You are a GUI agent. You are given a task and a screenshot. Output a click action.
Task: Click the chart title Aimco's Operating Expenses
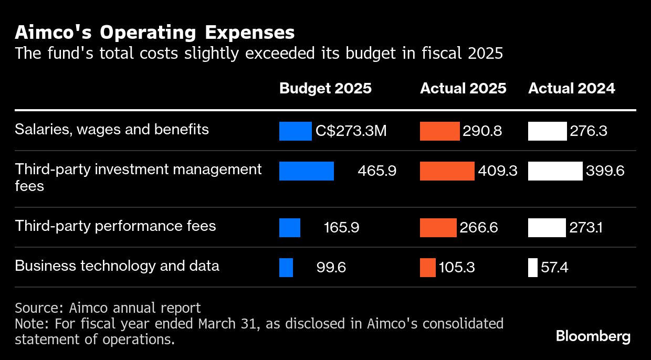coord(154,33)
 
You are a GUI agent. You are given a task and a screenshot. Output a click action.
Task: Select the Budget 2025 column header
coord(325,88)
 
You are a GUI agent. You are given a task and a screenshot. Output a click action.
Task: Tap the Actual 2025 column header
coord(463,88)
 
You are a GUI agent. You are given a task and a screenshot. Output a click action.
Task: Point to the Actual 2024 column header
coord(571,88)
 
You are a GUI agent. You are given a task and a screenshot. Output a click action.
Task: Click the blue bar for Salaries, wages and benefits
coord(295,131)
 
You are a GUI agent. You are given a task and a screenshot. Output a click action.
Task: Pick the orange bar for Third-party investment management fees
coord(447,171)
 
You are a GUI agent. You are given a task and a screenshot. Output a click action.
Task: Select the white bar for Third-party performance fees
coord(547,228)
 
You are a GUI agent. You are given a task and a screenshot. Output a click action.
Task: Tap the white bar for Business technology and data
coord(533,268)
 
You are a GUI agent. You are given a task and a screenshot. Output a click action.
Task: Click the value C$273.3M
coord(351,131)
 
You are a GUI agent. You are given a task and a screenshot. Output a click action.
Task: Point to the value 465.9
coord(376,171)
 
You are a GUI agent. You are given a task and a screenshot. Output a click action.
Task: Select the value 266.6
coord(479,228)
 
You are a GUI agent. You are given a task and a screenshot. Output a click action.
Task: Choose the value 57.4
coord(555,268)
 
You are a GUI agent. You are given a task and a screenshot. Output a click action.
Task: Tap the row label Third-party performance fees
coord(115,226)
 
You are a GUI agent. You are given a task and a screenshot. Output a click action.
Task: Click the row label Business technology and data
coord(117,266)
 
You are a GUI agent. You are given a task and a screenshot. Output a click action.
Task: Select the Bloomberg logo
coord(593,336)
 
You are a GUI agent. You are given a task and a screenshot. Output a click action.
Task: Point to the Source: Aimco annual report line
coord(108,308)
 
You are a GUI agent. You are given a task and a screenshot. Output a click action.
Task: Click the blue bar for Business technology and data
coord(286,268)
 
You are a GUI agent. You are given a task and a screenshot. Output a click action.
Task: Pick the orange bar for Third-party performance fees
coord(438,228)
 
